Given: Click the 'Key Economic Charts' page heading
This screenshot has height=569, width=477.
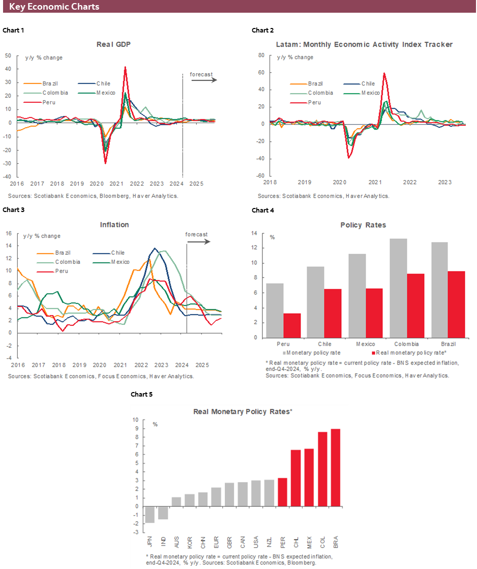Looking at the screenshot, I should [x=54, y=7].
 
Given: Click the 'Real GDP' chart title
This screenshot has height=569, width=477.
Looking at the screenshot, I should [x=113, y=44].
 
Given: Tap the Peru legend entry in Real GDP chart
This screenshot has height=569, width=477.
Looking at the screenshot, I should [x=49, y=102].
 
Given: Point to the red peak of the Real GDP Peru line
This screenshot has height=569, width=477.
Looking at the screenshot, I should [x=125, y=68].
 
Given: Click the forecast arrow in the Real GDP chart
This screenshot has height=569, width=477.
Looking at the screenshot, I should [x=203, y=80].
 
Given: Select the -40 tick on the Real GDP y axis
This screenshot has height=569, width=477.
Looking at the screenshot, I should [x=8, y=176].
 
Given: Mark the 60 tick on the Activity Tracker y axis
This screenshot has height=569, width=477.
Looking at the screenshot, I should [x=261, y=73].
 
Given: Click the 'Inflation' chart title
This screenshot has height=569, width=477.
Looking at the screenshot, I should [x=114, y=224].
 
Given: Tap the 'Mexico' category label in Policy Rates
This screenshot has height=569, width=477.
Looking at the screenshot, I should [x=365, y=344].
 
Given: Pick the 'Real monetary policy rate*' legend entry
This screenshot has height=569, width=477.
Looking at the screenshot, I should [x=404, y=352].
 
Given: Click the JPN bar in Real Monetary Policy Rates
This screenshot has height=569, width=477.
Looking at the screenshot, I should [x=150, y=514].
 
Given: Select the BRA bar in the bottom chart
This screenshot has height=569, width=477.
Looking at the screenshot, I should [x=336, y=468].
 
